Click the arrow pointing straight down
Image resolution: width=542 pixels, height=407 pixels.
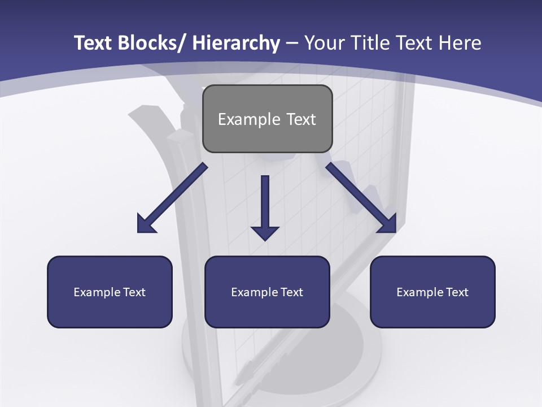(x=265, y=203)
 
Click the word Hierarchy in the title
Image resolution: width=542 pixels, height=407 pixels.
(x=236, y=44)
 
